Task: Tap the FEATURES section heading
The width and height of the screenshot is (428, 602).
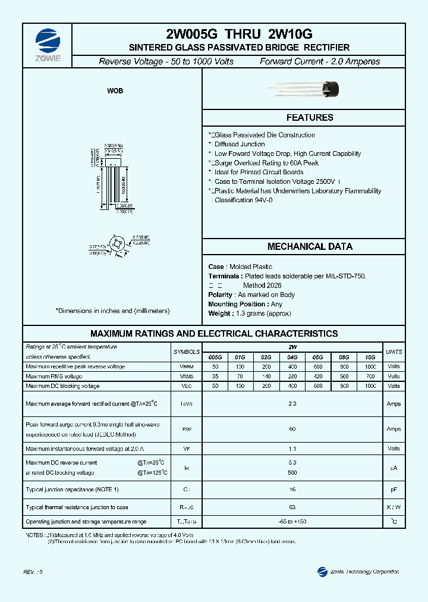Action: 310,118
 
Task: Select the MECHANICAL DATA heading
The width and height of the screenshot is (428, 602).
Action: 310,247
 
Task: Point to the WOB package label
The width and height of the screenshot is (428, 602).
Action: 115,91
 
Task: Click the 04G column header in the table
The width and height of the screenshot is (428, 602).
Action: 292,357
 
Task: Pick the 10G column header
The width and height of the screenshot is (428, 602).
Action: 370,357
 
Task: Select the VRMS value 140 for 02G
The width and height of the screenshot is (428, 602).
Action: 266,377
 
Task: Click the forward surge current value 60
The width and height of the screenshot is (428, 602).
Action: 292,429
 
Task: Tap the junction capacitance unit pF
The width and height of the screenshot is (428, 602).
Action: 394,489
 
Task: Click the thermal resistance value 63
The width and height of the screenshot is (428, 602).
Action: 292,507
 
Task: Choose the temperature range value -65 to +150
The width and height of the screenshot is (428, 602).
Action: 292,522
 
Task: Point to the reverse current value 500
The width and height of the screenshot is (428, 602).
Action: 292,473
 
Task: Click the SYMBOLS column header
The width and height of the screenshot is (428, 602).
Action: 186,352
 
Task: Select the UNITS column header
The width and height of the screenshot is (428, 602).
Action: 394,352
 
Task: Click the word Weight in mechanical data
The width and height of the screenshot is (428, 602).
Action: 219,313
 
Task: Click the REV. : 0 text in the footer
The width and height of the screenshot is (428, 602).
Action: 33,572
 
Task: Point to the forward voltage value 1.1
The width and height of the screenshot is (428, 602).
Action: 292,449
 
